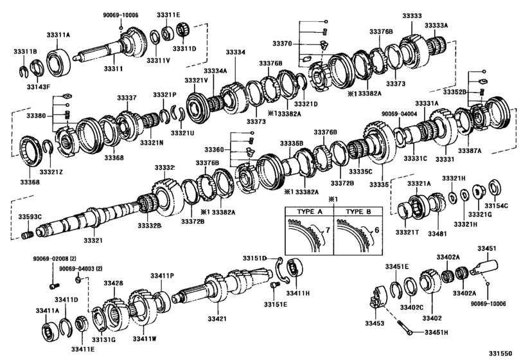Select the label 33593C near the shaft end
click(x=30, y=217)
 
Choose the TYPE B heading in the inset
click(x=354, y=212)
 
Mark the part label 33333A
click(x=436, y=25)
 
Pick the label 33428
click(x=114, y=283)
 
